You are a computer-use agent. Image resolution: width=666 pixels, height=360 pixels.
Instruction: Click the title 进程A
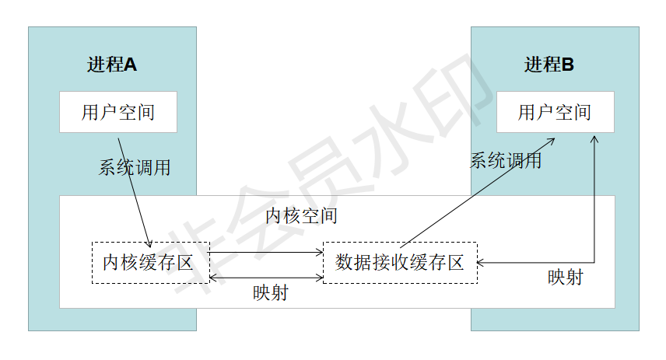[112, 65]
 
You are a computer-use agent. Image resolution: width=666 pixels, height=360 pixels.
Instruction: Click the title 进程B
[549, 65]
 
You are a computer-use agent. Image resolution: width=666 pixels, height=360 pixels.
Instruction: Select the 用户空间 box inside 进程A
[118, 112]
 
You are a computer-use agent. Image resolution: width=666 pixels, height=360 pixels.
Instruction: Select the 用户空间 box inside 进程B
[555, 112]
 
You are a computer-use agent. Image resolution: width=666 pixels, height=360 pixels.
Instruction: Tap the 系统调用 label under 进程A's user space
[135, 168]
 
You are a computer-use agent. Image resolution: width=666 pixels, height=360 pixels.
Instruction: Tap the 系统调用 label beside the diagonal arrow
[506, 162]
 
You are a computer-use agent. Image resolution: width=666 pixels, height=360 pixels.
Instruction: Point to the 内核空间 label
[301, 215]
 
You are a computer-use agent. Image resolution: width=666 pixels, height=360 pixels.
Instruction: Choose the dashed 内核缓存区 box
[150, 263]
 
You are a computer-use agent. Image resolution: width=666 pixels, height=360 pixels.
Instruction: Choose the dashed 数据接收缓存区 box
[399, 263]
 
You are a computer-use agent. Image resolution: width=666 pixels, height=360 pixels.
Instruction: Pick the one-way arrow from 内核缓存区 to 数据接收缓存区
[267, 252]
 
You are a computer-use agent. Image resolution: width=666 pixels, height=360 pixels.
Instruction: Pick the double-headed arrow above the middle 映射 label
[267, 277]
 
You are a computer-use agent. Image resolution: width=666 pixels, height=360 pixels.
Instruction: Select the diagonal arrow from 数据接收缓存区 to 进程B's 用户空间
[478, 192]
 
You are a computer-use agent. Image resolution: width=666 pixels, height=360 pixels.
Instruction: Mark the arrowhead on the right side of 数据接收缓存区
[480, 263]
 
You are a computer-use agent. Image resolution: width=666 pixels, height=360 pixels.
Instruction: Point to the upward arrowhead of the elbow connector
[595, 139]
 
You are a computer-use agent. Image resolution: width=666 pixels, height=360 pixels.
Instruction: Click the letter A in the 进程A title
[131, 65]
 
